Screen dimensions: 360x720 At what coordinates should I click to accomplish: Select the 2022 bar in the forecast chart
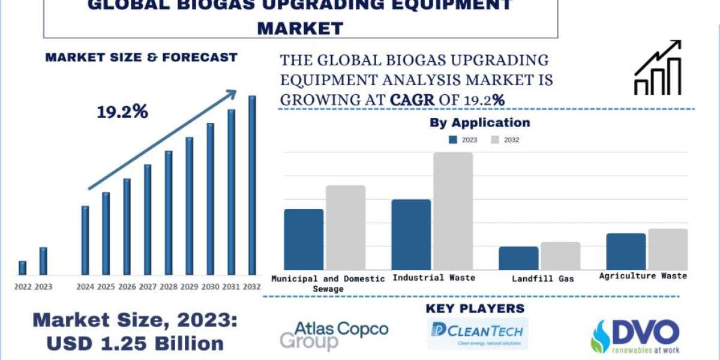[22, 268]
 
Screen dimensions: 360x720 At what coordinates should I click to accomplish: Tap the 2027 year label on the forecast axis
[148, 287]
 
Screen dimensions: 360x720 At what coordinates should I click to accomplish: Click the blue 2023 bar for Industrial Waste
[411, 235]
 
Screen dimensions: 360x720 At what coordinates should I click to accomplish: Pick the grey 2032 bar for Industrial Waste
[453, 211]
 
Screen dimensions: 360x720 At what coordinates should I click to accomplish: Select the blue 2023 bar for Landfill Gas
[518, 258]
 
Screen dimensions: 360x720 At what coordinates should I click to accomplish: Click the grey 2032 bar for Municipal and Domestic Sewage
[346, 227]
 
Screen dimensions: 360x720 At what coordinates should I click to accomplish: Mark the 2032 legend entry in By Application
[504, 140]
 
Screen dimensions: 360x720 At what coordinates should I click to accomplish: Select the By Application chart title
[479, 123]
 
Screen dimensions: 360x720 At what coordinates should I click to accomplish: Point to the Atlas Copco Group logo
[334, 335]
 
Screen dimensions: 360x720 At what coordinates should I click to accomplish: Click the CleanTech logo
[478, 334]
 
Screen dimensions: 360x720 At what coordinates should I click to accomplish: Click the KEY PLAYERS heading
[475, 308]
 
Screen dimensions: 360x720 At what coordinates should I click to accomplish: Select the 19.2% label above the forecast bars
[122, 112]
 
